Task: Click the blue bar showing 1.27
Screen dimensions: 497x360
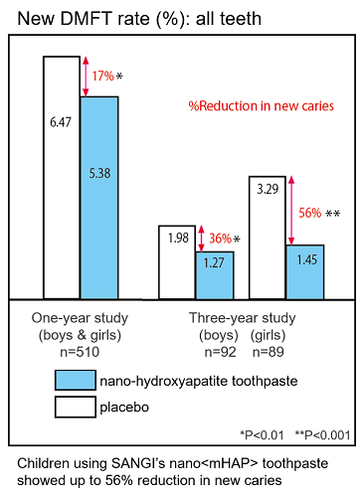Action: click(214, 274)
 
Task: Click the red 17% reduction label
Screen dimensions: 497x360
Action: click(102, 76)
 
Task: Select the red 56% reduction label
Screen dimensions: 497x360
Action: click(310, 212)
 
